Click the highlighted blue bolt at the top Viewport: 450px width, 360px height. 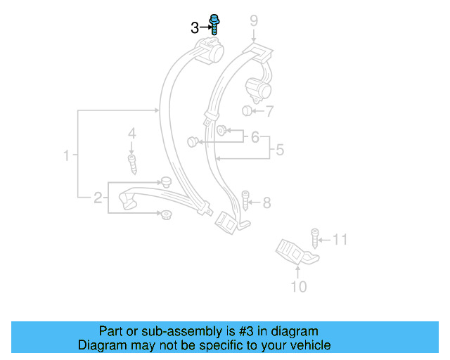pos(214,25)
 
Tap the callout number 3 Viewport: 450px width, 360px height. pos(195,28)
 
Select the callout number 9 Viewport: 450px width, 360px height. pos(253,21)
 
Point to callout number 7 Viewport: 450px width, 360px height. pos(269,110)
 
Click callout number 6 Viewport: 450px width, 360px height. pos(255,137)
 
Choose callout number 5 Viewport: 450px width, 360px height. pos(279,149)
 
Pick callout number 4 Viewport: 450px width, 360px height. pos(131,133)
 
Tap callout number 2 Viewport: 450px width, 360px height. pos(98,198)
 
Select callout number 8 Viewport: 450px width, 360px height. pos(266,203)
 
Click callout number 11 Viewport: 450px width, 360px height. pos(340,240)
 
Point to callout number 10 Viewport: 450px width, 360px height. pos(299,286)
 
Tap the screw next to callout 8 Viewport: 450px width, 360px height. pos(246,202)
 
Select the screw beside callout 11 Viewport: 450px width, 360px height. pos(315,237)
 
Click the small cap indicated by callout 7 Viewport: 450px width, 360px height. pos(247,110)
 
